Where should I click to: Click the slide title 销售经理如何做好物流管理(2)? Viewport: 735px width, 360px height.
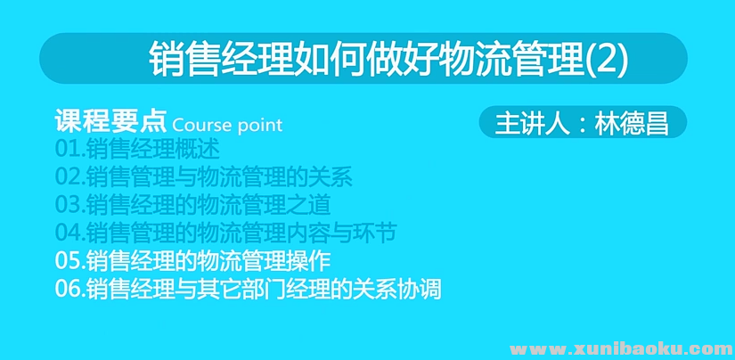[x=388, y=59]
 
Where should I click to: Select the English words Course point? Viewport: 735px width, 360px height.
[x=227, y=124]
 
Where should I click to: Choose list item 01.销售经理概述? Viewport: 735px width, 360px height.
[x=136, y=149]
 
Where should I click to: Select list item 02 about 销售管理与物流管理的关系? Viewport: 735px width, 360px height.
[x=204, y=176]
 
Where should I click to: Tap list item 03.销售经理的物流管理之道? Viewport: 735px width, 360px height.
[x=192, y=205]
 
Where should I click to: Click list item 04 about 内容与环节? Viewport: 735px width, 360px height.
[x=225, y=233]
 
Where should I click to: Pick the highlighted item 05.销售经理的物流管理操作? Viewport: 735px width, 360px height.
[x=192, y=261]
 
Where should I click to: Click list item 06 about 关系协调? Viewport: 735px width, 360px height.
[x=248, y=290]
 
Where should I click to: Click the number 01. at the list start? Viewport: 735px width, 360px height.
[x=70, y=149]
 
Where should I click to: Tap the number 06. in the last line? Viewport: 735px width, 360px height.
[x=70, y=290]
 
